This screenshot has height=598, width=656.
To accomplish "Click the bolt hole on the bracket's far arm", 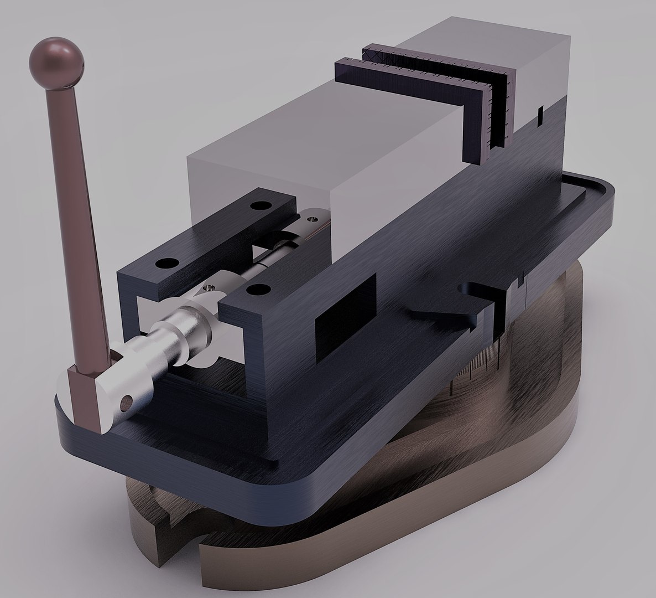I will point(257,206).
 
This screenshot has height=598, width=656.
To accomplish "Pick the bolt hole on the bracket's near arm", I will point(256,288).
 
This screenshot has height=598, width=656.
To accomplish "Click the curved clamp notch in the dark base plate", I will point(470,291).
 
